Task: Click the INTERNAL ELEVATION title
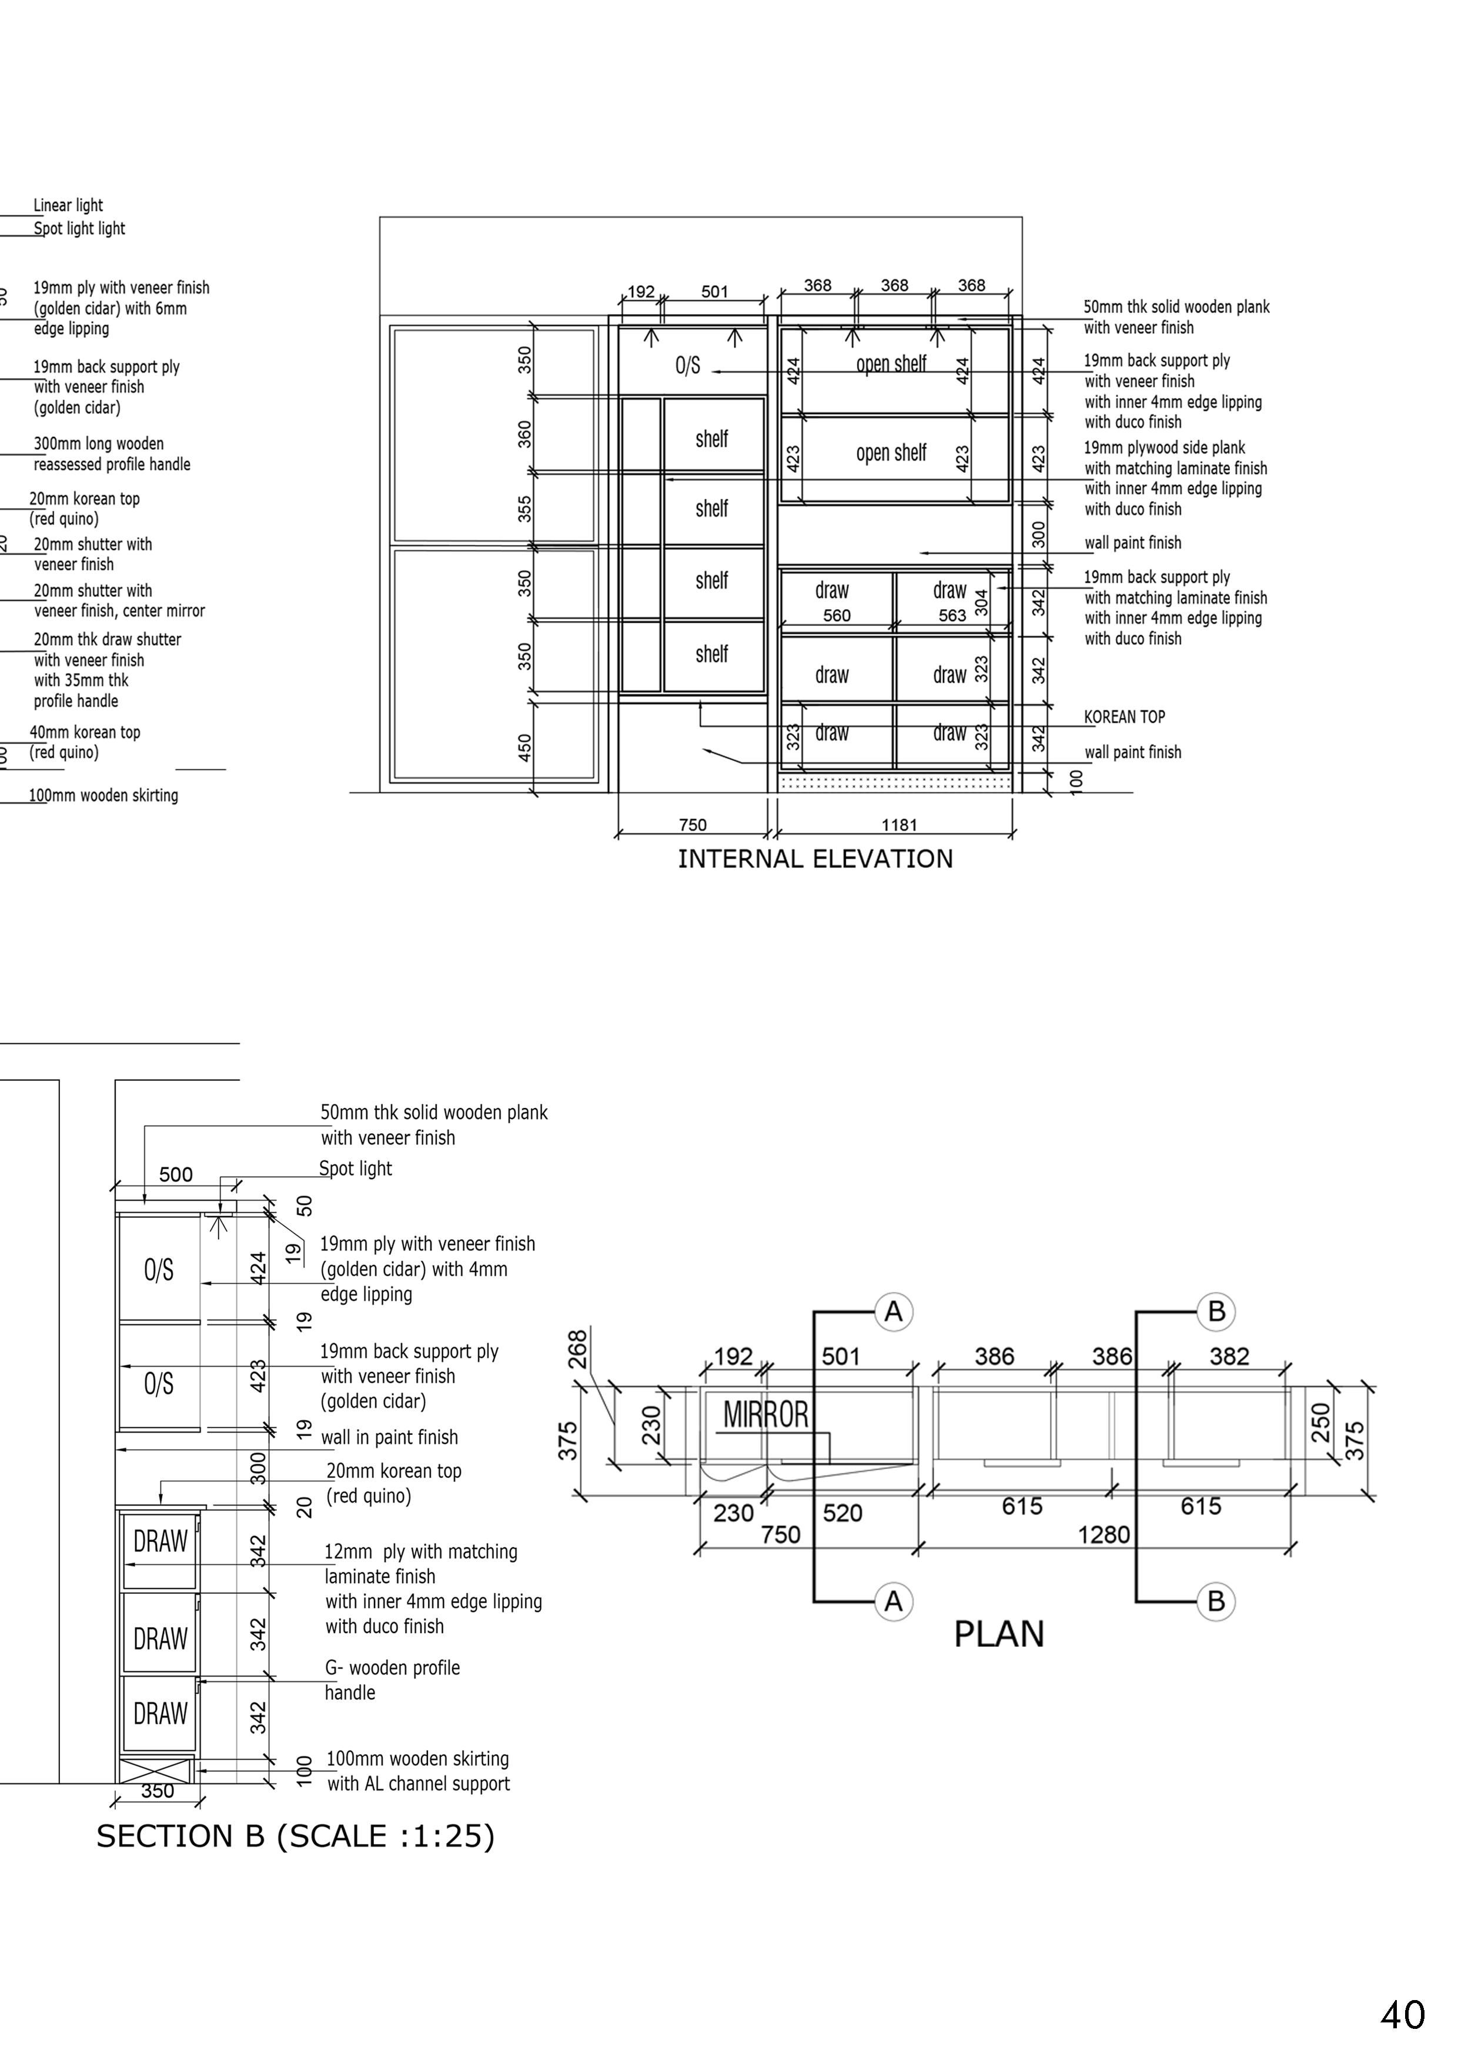click(815, 859)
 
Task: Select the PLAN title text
click(998, 1634)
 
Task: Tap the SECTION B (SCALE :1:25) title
click(296, 1835)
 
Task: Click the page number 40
click(1402, 2015)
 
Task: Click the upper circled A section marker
click(893, 1312)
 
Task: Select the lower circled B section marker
click(1216, 1601)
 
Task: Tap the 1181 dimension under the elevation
click(898, 825)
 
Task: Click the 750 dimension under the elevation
click(693, 825)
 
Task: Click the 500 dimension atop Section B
click(176, 1174)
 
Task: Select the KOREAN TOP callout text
click(1124, 717)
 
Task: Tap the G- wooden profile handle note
click(393, 1680)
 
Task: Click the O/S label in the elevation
click(687, 366)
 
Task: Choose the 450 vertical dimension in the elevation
click(526, 747)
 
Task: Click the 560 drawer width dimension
click(837, 616)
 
